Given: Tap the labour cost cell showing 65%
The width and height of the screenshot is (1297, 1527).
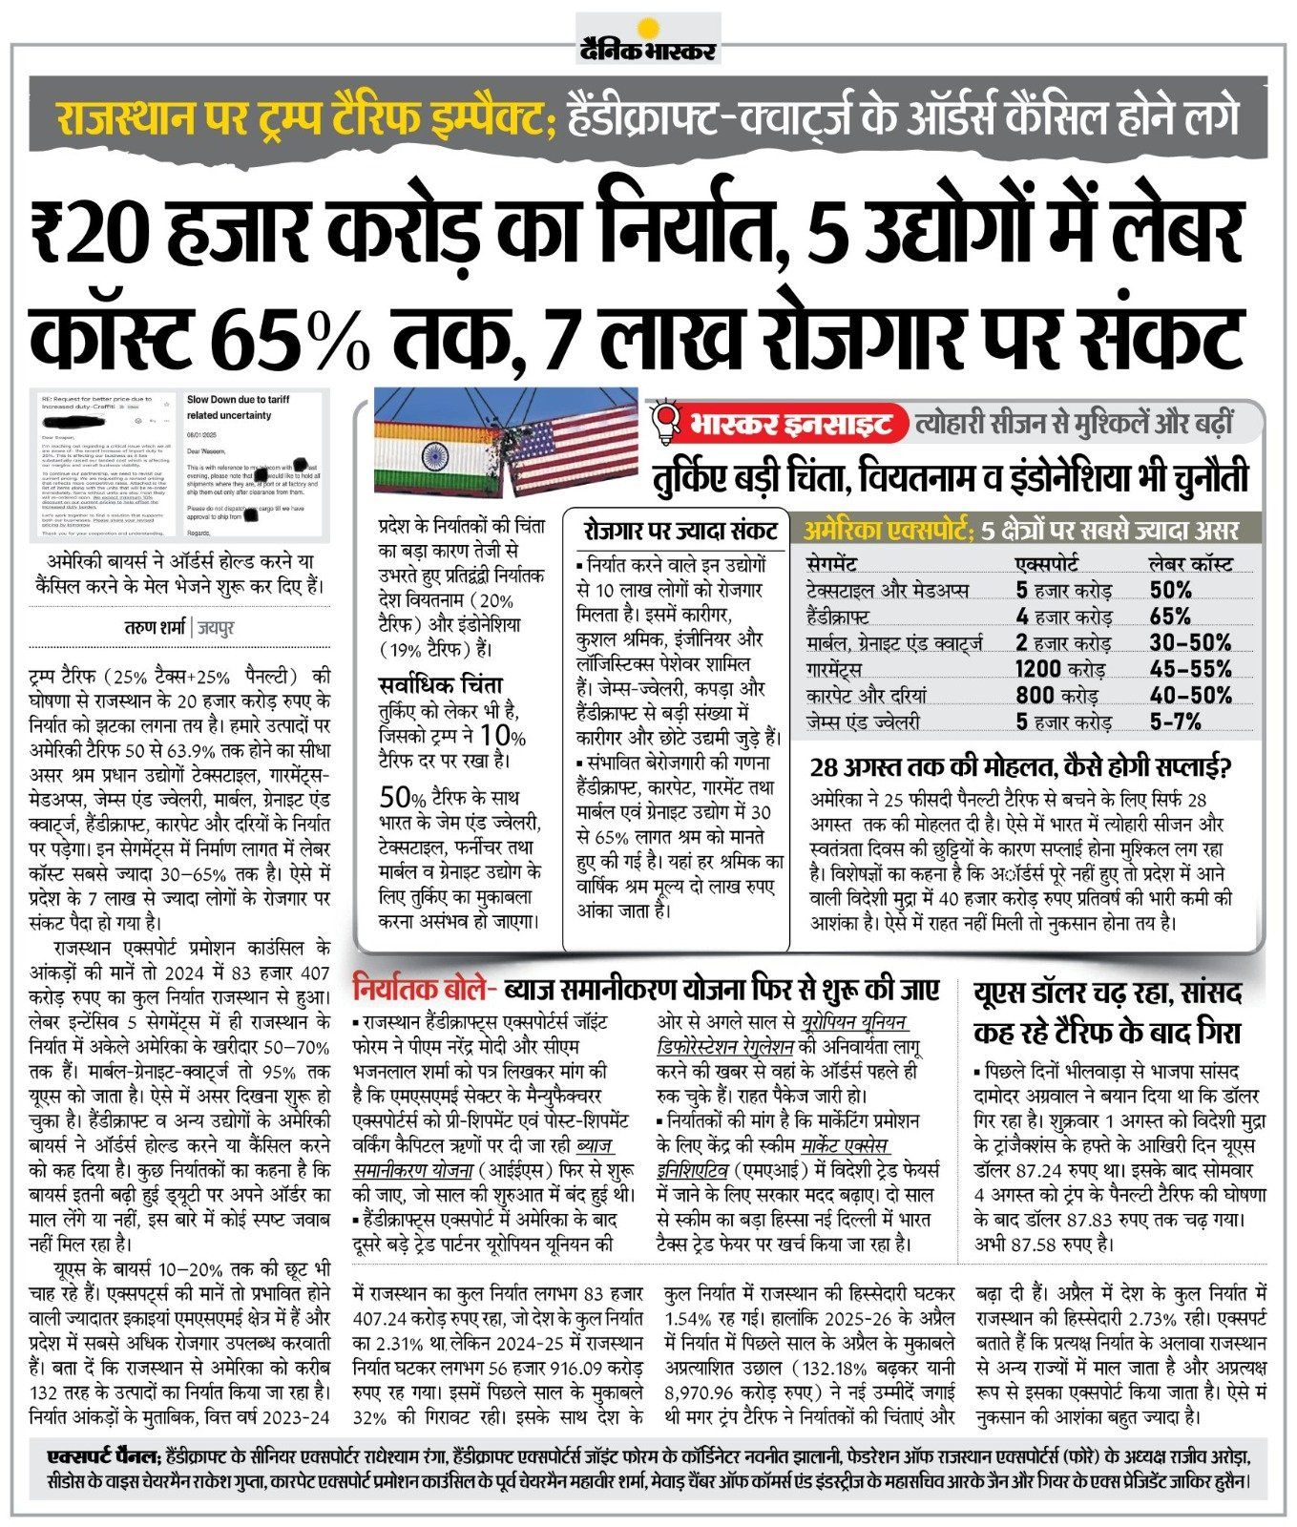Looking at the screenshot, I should pyautogui.click(x=1170, y=616).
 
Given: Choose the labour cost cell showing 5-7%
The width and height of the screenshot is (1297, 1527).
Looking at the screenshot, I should pyautogui.click(x=1175, y=722).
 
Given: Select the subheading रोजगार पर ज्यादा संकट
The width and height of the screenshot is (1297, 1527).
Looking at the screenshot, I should pyautogui.click(x=680, y=531).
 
